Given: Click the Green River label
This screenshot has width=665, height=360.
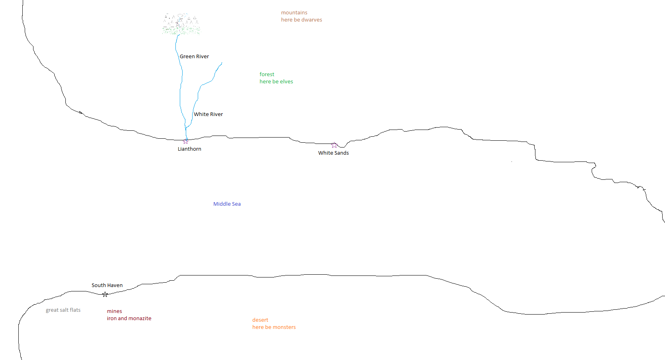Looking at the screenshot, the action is pos(194,56).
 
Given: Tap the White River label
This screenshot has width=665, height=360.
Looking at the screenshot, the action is pos(208,114).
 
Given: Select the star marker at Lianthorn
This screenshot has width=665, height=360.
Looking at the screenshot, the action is pos(185,141).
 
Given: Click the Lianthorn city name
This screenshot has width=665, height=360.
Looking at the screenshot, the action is pos(189,149).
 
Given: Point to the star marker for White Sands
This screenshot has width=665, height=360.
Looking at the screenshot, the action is pos(334,145).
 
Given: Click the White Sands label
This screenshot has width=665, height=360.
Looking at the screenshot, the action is pos(333,153).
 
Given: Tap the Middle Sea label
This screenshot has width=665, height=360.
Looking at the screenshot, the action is pos(227,204).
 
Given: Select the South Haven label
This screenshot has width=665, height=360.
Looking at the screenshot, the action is pos(107,285).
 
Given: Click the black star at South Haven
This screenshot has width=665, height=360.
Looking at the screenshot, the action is pos(105,294).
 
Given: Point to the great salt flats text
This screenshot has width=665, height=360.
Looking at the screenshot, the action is pos(63,310).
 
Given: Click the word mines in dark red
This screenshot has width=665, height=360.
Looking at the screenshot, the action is pos(114,311).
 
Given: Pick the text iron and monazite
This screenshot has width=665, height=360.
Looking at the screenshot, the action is pos(129,319).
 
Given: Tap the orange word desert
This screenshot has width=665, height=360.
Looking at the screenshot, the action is pos(260,320).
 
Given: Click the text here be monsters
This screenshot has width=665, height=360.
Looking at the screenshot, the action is pos(274,327).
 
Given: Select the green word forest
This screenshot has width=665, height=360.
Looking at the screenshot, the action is pos(267,74).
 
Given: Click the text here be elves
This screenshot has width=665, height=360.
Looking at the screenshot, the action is pos(276,82).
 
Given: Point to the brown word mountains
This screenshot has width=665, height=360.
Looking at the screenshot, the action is pos(294,12).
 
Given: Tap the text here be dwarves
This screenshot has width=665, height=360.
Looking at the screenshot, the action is pos(301,20).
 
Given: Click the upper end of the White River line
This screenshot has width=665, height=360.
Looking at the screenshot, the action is pos(222,63).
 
